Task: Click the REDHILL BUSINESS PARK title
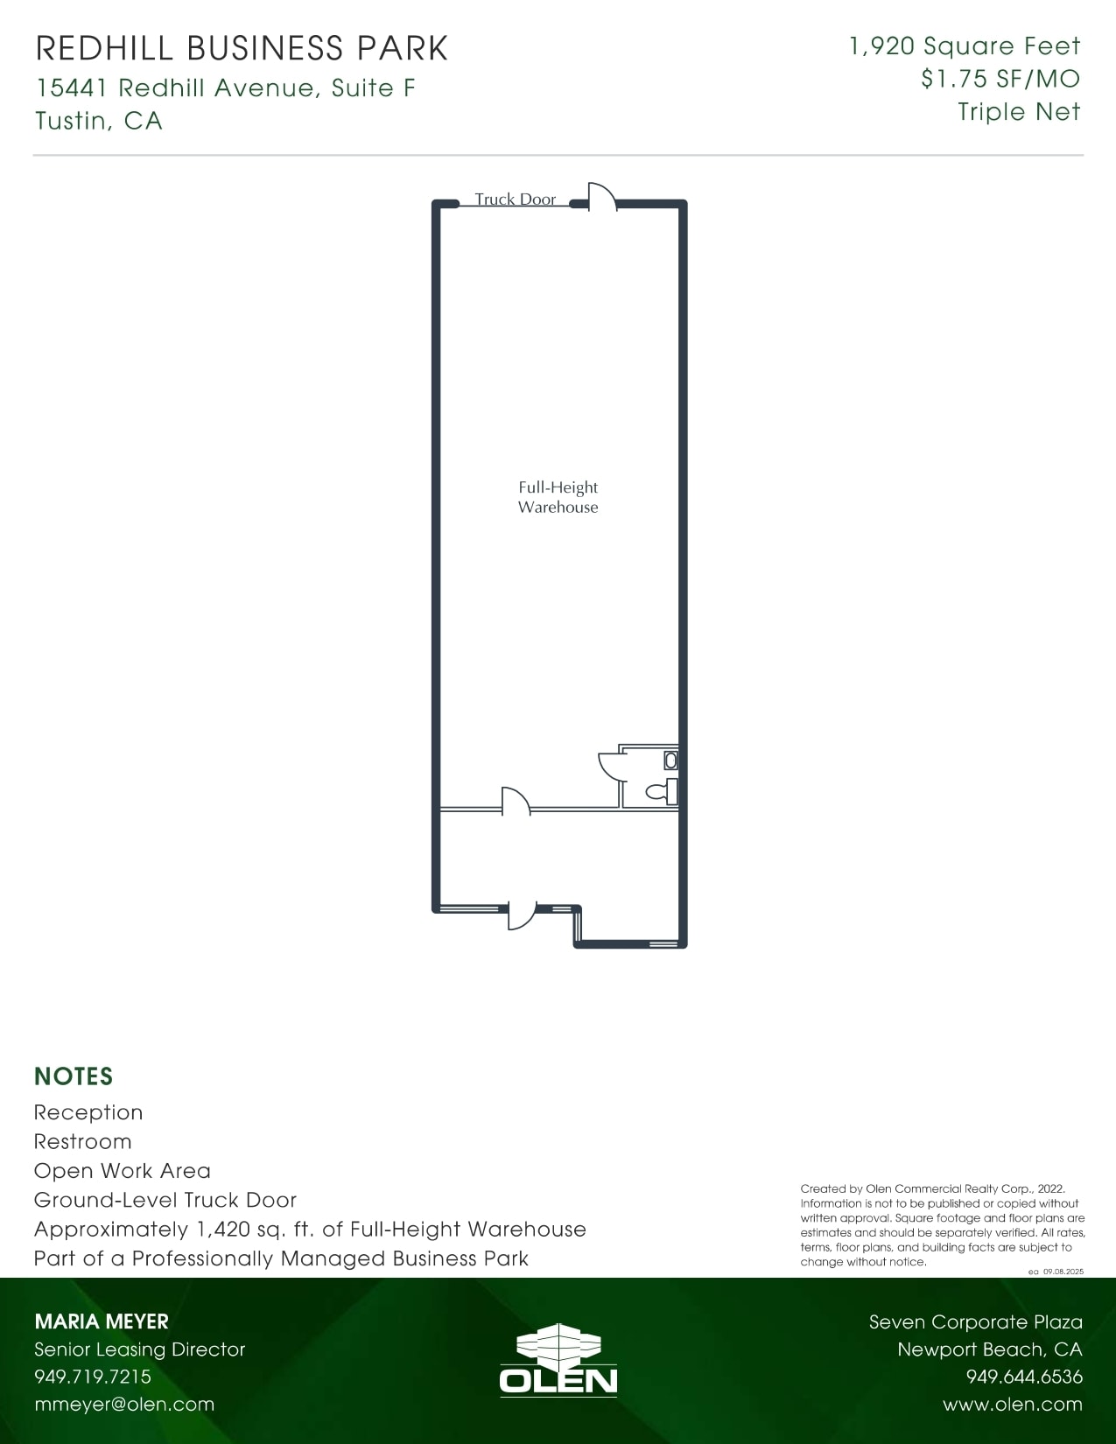[x=242, y=49]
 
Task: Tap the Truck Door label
[x=515, y=200]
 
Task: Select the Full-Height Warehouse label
[x=558, y=497]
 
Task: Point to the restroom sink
[x=670, y=761]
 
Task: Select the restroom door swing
[x=610, y=764]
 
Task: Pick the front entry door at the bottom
[x=522, y=916]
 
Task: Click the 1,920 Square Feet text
[x=965, y=46]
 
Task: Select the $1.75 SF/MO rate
[x=1000, y=79]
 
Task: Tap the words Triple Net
[x=1019, y=112]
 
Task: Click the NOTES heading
[x=74, y=1076]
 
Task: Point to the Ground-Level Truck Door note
[x=165, y=1200]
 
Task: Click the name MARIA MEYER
[x=102, y=1321]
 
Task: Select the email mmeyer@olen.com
[x=124, y=1405]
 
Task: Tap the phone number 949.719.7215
[x=93, y=1377]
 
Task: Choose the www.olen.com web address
[x=1013, y=1405]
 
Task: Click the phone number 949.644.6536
[x=1024, y=1377]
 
